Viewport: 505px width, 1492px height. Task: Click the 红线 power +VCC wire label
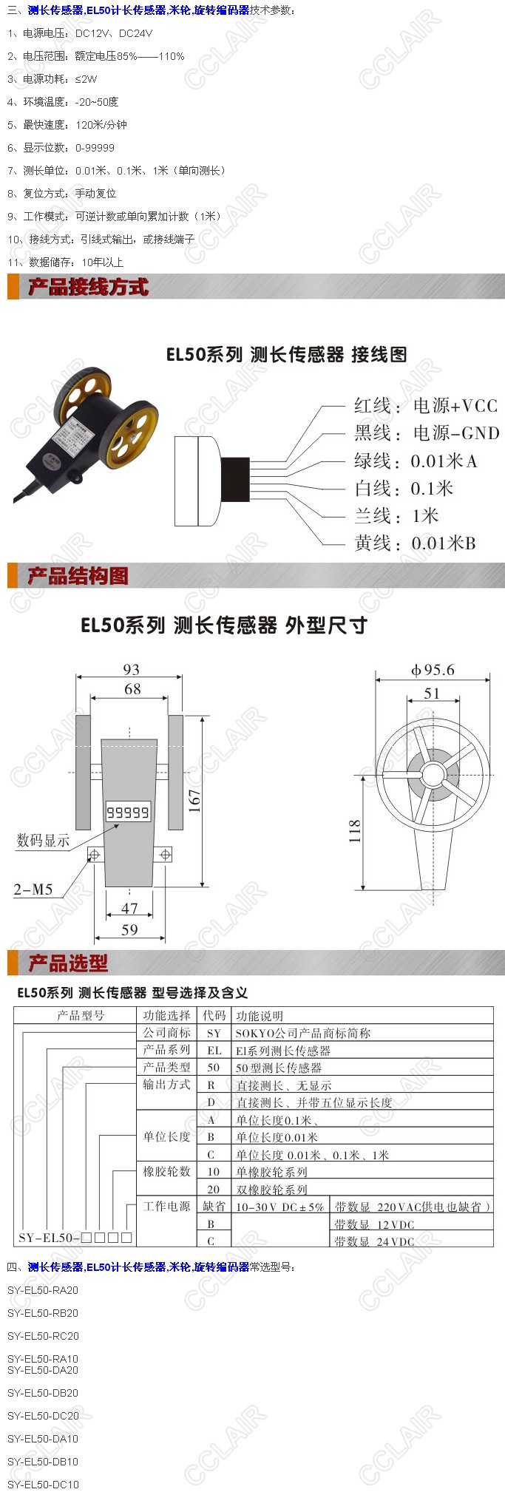[x=426, y=405]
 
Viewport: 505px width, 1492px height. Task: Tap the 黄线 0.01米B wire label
[x=415, y=543]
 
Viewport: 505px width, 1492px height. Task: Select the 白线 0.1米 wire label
[x=404, y=488]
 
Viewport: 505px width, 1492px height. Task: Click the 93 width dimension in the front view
[x=132, y=669]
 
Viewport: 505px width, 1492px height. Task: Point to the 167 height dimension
[x=194, y=801]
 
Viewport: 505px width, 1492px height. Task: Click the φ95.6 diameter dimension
[x=433, y=670]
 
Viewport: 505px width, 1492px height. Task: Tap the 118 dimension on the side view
[x=355, y=831]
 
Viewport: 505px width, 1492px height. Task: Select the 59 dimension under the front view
[x=129, y=929]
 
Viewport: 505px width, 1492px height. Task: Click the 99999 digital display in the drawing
[x=128, y=813]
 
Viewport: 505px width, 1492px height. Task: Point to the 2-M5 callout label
[x=33, y=889]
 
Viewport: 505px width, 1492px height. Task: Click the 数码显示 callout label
[x=44, y=841]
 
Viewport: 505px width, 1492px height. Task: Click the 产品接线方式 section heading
[x=88, y=287]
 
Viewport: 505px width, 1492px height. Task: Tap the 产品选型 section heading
[x=68, y=963]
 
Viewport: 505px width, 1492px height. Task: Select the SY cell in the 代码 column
[x=214, y=1033]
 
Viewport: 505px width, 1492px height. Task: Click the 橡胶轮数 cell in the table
[x=166, y=1171]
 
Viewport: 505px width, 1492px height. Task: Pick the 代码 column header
[x=214, y=1016]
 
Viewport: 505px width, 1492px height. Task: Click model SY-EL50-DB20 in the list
[x=43, y=1393]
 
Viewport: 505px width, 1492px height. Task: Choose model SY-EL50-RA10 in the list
[x=43, y=1359]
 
